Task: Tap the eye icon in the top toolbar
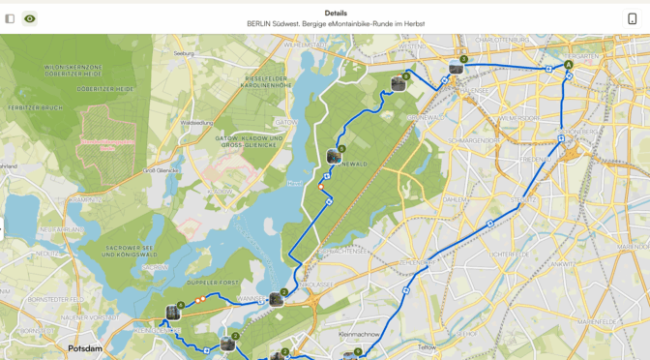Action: point(30,18)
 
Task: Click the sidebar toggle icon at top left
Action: point(10,18)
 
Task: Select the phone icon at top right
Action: point(632,18)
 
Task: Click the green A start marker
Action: point(569,64)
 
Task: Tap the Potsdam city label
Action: point(85,347)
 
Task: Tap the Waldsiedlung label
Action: point(195,123)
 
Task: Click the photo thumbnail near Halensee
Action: point(456,68)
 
